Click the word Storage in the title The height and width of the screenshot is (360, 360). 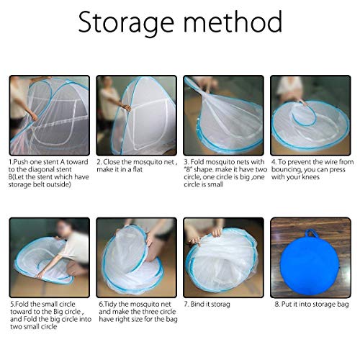126,23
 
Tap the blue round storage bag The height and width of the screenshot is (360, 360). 311,264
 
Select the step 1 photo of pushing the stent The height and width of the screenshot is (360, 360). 50,115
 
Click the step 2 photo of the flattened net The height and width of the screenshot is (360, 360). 136,115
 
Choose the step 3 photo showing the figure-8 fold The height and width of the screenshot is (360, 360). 223,115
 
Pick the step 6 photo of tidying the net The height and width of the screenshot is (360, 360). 136,258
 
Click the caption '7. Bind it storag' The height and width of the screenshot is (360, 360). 207,305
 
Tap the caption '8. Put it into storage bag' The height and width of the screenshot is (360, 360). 312,305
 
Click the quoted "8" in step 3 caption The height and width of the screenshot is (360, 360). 188,169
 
